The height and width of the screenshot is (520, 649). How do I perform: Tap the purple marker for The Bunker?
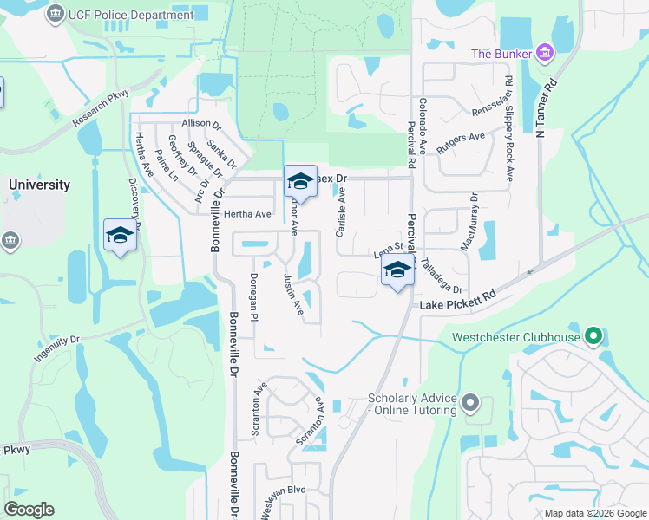tap(544, 54)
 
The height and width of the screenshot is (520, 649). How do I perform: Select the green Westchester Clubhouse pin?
tap(593, 335)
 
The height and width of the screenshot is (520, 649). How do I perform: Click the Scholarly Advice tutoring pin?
tap(470, 402)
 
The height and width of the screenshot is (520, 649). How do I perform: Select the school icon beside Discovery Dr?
tap(120, 235)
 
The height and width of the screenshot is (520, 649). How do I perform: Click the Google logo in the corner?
tap(29, 510)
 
